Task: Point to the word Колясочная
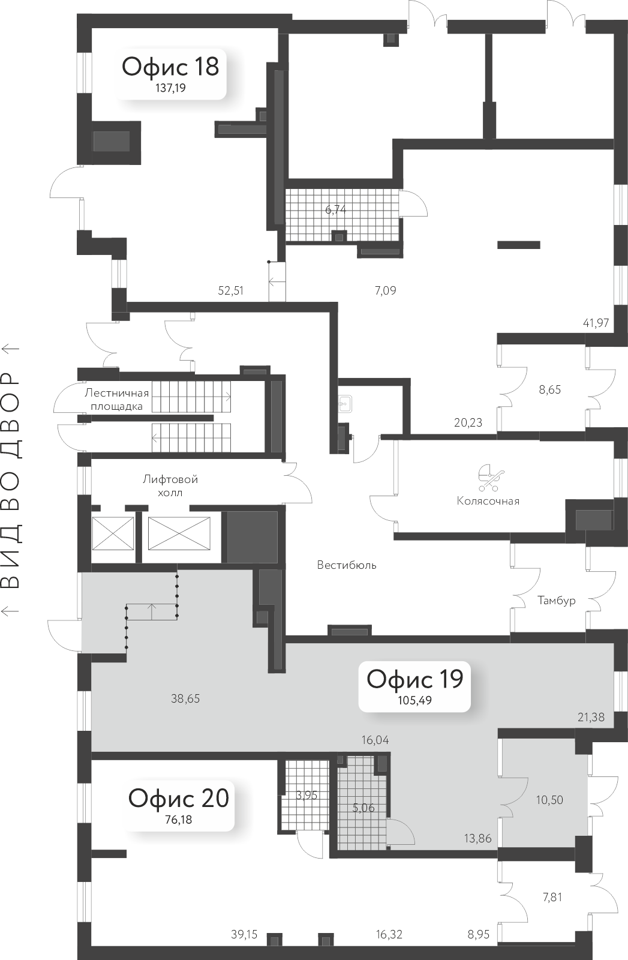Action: point(488,501)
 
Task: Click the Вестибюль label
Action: point(347,565)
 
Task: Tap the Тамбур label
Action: point(556,601)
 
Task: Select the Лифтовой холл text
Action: point(170,486)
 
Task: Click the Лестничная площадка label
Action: point(116,400)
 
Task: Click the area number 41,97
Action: point(595,323)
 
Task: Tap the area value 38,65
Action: point(185,698)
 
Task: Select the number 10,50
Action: point(549,800)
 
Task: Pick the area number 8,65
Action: point(549,389)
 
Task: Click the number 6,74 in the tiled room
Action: point(336,209)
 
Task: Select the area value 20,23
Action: point(468,422)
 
